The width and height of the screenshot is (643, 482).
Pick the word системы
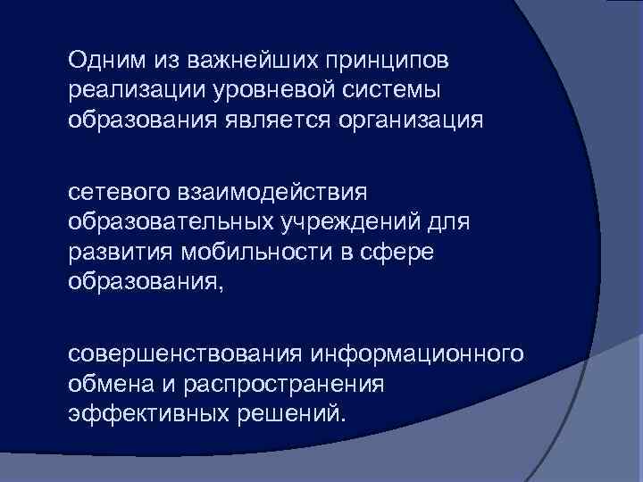pyautogui.click(x=394, y=90)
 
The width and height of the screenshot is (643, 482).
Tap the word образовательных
pyautogui.click(x=174, y=221)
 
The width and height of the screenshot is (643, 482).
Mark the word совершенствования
pyautogui.click(x=186, y=354)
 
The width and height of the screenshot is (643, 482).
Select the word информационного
pyautogui.click(x=416, y=354)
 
